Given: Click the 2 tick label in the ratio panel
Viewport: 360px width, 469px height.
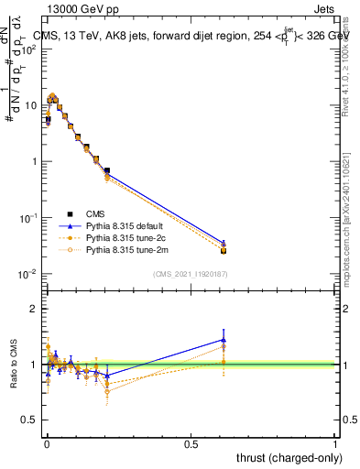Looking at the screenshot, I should (34, 310).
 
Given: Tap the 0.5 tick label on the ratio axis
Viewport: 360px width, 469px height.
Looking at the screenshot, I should (29, 420).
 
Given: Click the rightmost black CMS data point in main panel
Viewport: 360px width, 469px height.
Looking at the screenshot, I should (224, 250).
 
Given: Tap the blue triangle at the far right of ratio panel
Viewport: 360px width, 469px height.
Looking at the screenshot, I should (224, 340).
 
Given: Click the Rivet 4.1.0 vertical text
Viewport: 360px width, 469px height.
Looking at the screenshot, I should (353, 55).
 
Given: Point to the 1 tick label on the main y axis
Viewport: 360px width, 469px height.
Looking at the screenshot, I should (35, 162).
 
